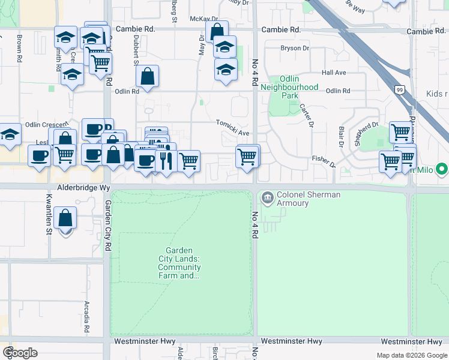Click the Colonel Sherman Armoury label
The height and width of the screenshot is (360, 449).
coord(300,199)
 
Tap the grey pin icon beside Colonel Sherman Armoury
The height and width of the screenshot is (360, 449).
coord(267,196)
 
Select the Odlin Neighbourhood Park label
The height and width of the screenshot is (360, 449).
coord(290,87)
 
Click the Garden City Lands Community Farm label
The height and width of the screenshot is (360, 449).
coord(182,263)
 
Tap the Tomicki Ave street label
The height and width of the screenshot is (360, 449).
coord(232,123)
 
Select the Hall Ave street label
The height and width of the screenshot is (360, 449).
coord(334,73)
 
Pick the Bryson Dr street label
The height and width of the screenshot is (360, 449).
coord(294,48)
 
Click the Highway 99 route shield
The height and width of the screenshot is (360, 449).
coord(399,89)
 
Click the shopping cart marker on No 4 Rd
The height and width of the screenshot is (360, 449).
coord(247,157)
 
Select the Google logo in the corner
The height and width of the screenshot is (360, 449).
coord(20,353)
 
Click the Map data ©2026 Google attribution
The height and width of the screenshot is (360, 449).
coord(411,355)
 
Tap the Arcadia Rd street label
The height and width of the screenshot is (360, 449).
coord(87,317)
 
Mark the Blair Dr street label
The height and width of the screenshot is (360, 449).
coord(340,136)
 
